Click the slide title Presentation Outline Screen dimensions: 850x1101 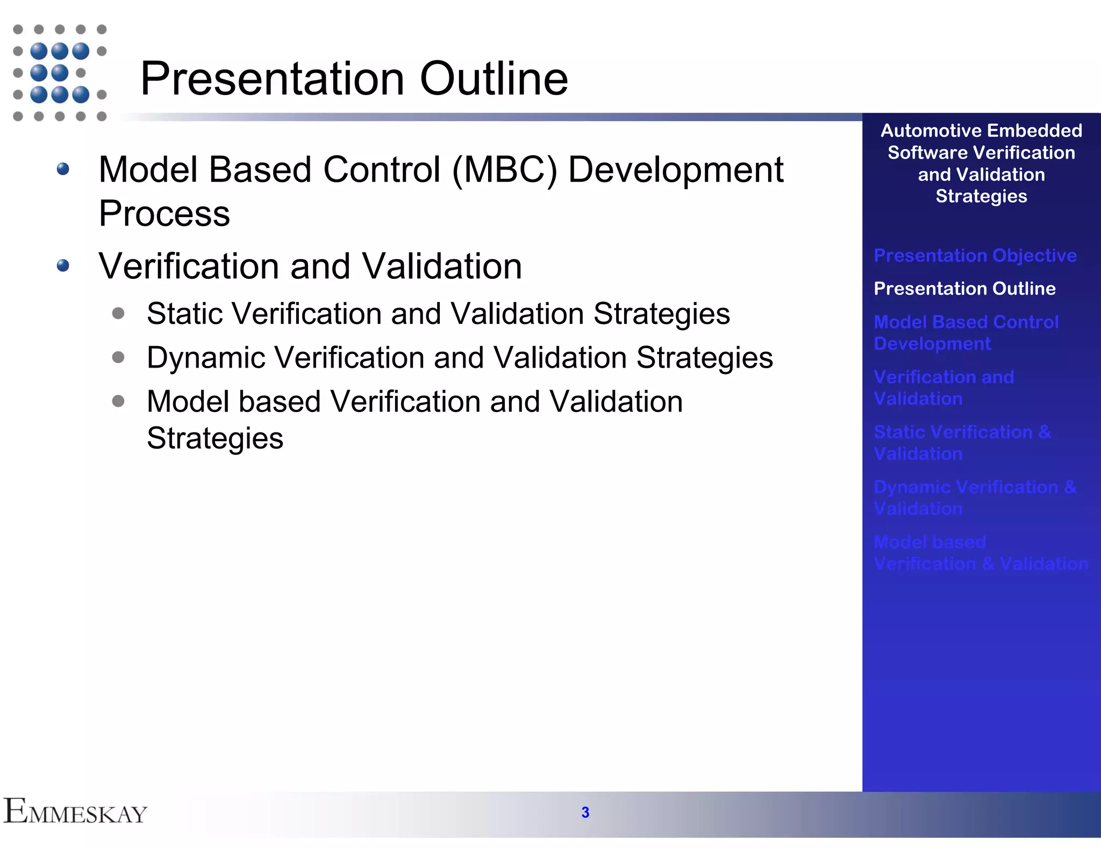tap(354, 78)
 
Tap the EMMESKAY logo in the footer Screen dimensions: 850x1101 tap(75, 812)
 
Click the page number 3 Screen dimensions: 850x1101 tap(585, 812)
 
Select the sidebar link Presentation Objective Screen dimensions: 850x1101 tap(975, 255)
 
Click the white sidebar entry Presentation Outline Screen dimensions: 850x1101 tap(964, 289)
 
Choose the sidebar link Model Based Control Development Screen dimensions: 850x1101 tap(966, 333)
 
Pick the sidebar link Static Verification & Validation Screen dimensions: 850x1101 tap(962, 443)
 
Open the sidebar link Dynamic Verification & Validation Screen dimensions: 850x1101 tap(975, 498)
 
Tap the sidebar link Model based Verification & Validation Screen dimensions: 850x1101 tap(980, 553)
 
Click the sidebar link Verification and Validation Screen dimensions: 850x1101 tap(943, 388)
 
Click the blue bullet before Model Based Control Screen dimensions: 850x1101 tap(63, 169)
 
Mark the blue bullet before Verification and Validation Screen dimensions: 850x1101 tap(63, 265)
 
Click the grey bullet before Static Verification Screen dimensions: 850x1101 tap(118, 313)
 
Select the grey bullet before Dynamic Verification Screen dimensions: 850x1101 tap(118, 357)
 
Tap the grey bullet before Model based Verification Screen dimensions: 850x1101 tap(118, 401)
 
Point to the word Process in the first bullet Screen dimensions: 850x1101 tap(164, 213)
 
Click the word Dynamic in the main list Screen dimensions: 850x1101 tap(206, 358)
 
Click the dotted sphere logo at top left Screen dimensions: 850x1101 tap(60, 73)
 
